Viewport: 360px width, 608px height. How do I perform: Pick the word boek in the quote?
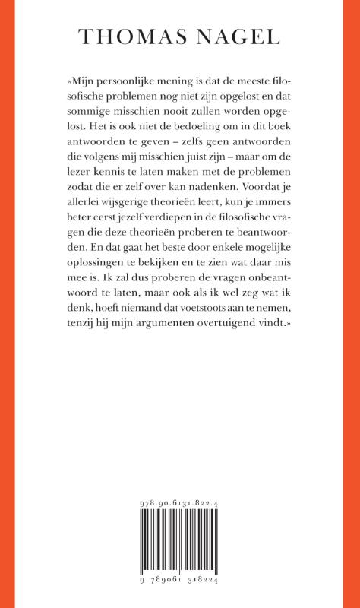pyautogui.click(x=279, y=141)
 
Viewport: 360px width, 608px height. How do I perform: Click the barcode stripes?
pyautogui.click(x=179, y=546)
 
